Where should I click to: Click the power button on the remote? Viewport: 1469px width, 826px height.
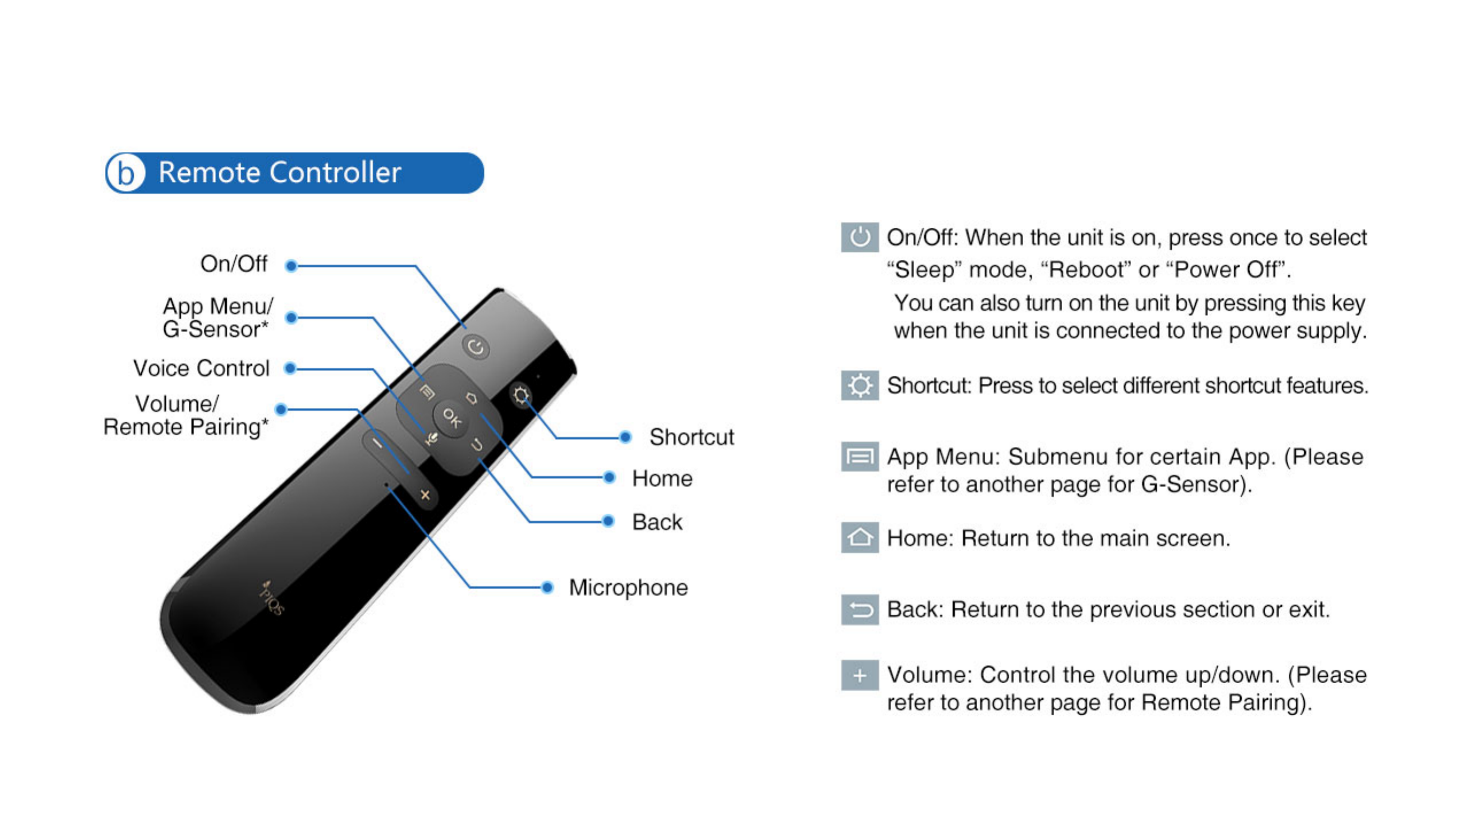[476, 347]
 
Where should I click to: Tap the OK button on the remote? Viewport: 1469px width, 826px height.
[451, 418]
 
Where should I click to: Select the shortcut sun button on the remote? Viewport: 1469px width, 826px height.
[521, 395]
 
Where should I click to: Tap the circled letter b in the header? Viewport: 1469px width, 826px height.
[126, 173]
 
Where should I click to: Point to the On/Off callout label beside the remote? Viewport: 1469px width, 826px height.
[234, 264]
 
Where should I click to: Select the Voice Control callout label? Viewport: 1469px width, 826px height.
[201, 368]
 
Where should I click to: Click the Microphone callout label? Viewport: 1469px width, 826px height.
[628, 587]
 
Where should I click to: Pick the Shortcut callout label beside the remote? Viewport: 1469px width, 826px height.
[691, 437]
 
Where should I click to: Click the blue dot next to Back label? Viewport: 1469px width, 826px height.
[608, 521]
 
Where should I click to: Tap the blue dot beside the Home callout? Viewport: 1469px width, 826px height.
[609, 477]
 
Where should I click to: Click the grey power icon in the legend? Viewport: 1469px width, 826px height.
[860, 237]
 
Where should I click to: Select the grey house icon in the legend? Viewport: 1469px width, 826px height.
[860, 537]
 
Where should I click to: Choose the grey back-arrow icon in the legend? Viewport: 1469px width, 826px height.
[860, 609]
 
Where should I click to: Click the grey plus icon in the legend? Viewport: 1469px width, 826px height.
[860, 675]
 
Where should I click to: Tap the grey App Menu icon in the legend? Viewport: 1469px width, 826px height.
[860, 457]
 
